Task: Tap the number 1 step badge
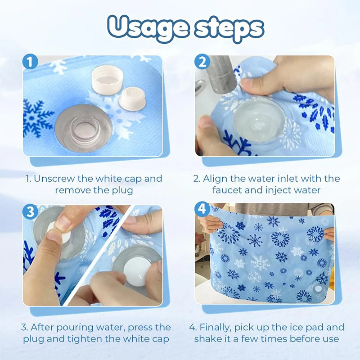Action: click(x=31, y=62)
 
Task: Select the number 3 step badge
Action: click(x=31, y=212)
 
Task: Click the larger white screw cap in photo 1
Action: click(x=107, y=78)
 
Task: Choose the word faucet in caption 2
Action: click(x=227, y=190)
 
